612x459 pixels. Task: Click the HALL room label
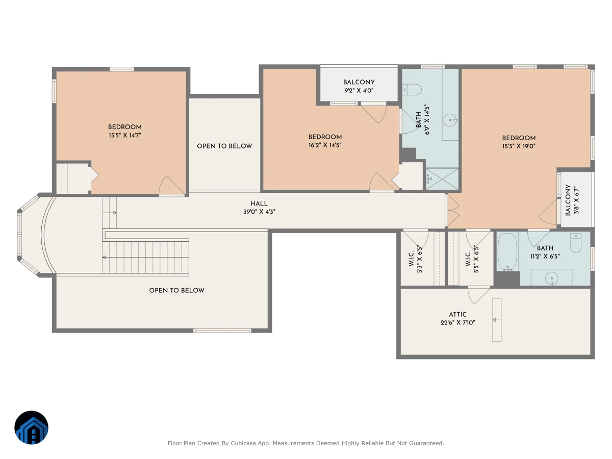point(259,203)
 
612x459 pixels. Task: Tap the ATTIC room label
point(457,314)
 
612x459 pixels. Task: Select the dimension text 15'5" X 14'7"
point(124,135)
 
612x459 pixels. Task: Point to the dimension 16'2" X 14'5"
point(325,145)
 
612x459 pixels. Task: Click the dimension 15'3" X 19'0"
point(519,146)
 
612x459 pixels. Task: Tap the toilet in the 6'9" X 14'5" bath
point(412,90)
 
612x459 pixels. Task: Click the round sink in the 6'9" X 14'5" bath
point(450,120)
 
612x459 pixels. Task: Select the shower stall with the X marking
point(442,179)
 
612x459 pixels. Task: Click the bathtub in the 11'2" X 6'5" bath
point(507,252)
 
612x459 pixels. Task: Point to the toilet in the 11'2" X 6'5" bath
point(575,243)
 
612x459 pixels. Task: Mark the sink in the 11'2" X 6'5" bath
point(551,278)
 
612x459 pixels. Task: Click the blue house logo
point(31,427)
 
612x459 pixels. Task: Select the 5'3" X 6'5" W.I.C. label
point(415,259)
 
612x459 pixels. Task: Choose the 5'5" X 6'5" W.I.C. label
point(472,259)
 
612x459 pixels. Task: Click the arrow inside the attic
point(497,320)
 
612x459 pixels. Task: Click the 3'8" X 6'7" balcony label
point(572,200)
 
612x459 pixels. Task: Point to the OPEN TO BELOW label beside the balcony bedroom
point(224,146)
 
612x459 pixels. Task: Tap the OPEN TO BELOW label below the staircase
point(177,290)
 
